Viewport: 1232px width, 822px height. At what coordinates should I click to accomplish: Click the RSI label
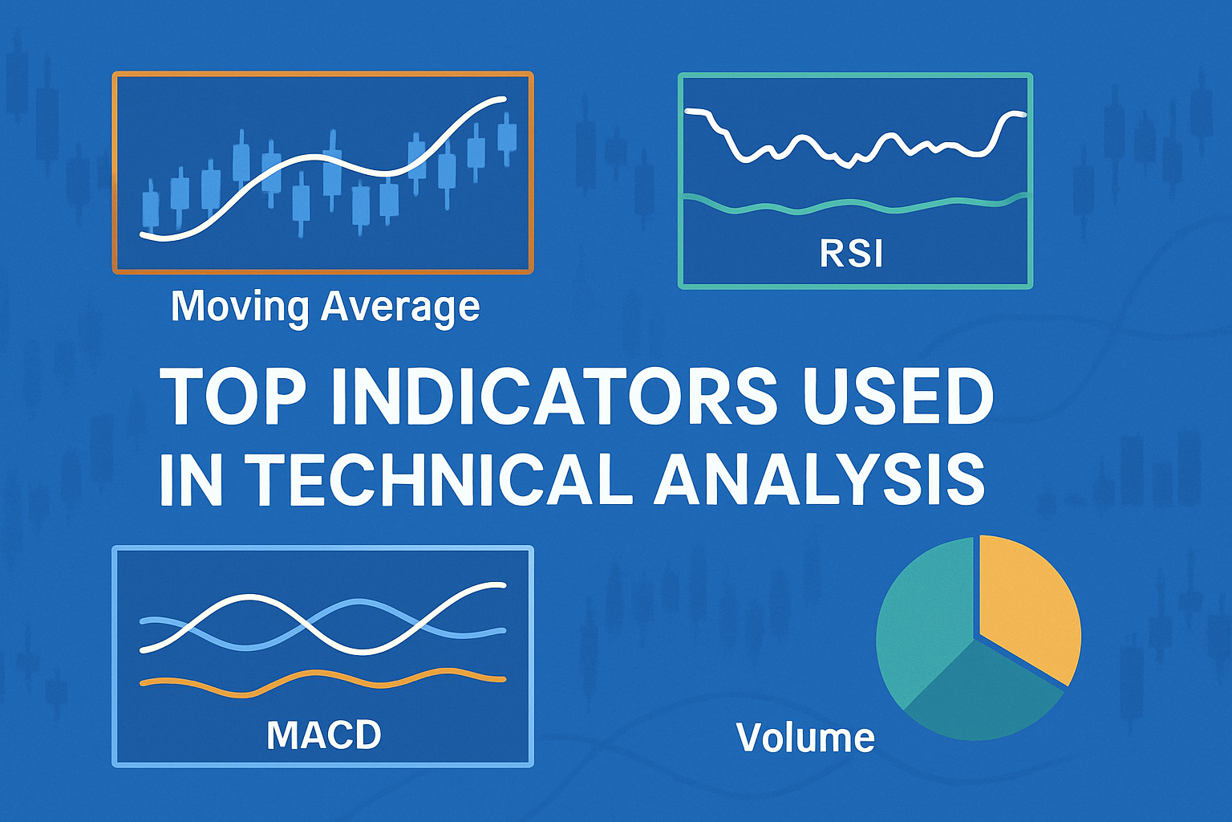point(851,254)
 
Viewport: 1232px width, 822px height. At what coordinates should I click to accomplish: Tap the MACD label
point(323,735)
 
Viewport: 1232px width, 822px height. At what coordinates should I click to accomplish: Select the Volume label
point(804,737)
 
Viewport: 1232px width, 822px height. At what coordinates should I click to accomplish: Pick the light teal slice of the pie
point(922,618)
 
